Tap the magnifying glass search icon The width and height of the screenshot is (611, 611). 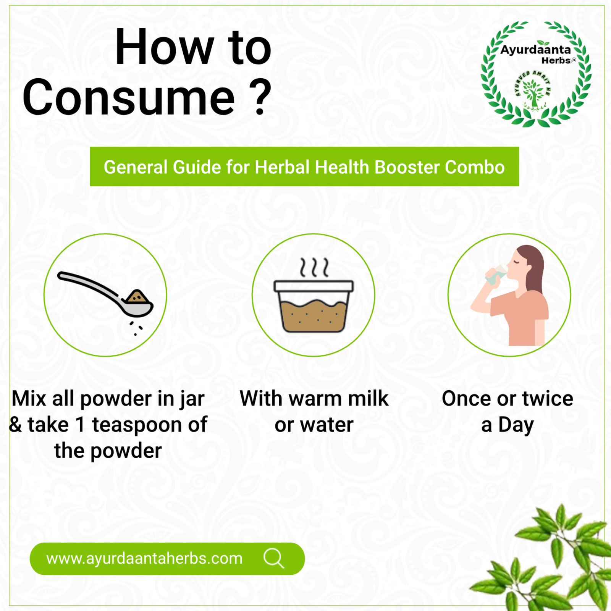coord(274,558)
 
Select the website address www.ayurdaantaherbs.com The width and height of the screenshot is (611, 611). coord(144,558)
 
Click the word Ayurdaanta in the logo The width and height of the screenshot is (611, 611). coord(535,50)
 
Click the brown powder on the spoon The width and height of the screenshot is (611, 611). coord(137,297)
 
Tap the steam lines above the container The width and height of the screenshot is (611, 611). coord(314,267)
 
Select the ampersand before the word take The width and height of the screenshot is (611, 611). coord(16,425)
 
